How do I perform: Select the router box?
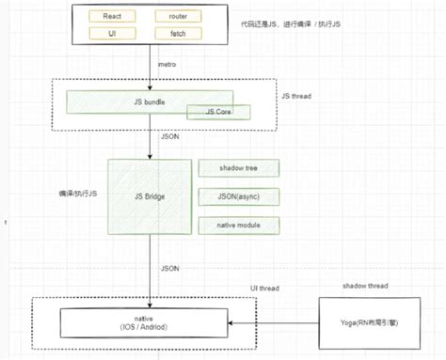coord(179,17)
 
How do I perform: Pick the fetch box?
coord(179,34)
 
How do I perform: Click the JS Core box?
coord(210,112)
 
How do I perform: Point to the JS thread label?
coord(298,96)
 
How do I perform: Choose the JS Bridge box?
coord(151,196)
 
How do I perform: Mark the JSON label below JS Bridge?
coord(170,267)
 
